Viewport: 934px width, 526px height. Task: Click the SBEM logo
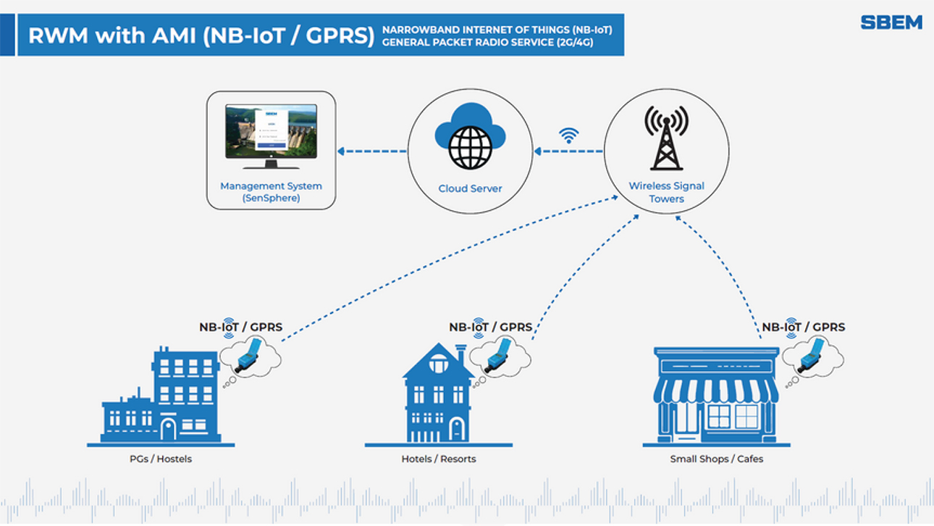(891, 22)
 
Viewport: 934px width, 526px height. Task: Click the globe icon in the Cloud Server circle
(470, 148)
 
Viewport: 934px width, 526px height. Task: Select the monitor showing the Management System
(271, 131)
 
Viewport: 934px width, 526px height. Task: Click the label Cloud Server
(470, 188)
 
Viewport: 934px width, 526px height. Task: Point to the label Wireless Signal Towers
(666, 192)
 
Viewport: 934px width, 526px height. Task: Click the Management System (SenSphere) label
(271, 192)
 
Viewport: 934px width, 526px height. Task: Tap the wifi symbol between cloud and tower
(569, 135)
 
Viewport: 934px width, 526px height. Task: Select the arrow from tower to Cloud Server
(568, 151)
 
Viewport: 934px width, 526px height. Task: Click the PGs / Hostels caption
(161, 459)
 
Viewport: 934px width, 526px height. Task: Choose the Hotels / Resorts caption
(439, 459)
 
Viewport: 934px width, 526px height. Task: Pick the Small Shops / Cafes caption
(717, 459)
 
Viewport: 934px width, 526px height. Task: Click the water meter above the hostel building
(250, 354)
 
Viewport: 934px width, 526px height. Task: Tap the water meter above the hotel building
(500, 354)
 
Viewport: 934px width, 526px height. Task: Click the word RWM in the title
(54, 35)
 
